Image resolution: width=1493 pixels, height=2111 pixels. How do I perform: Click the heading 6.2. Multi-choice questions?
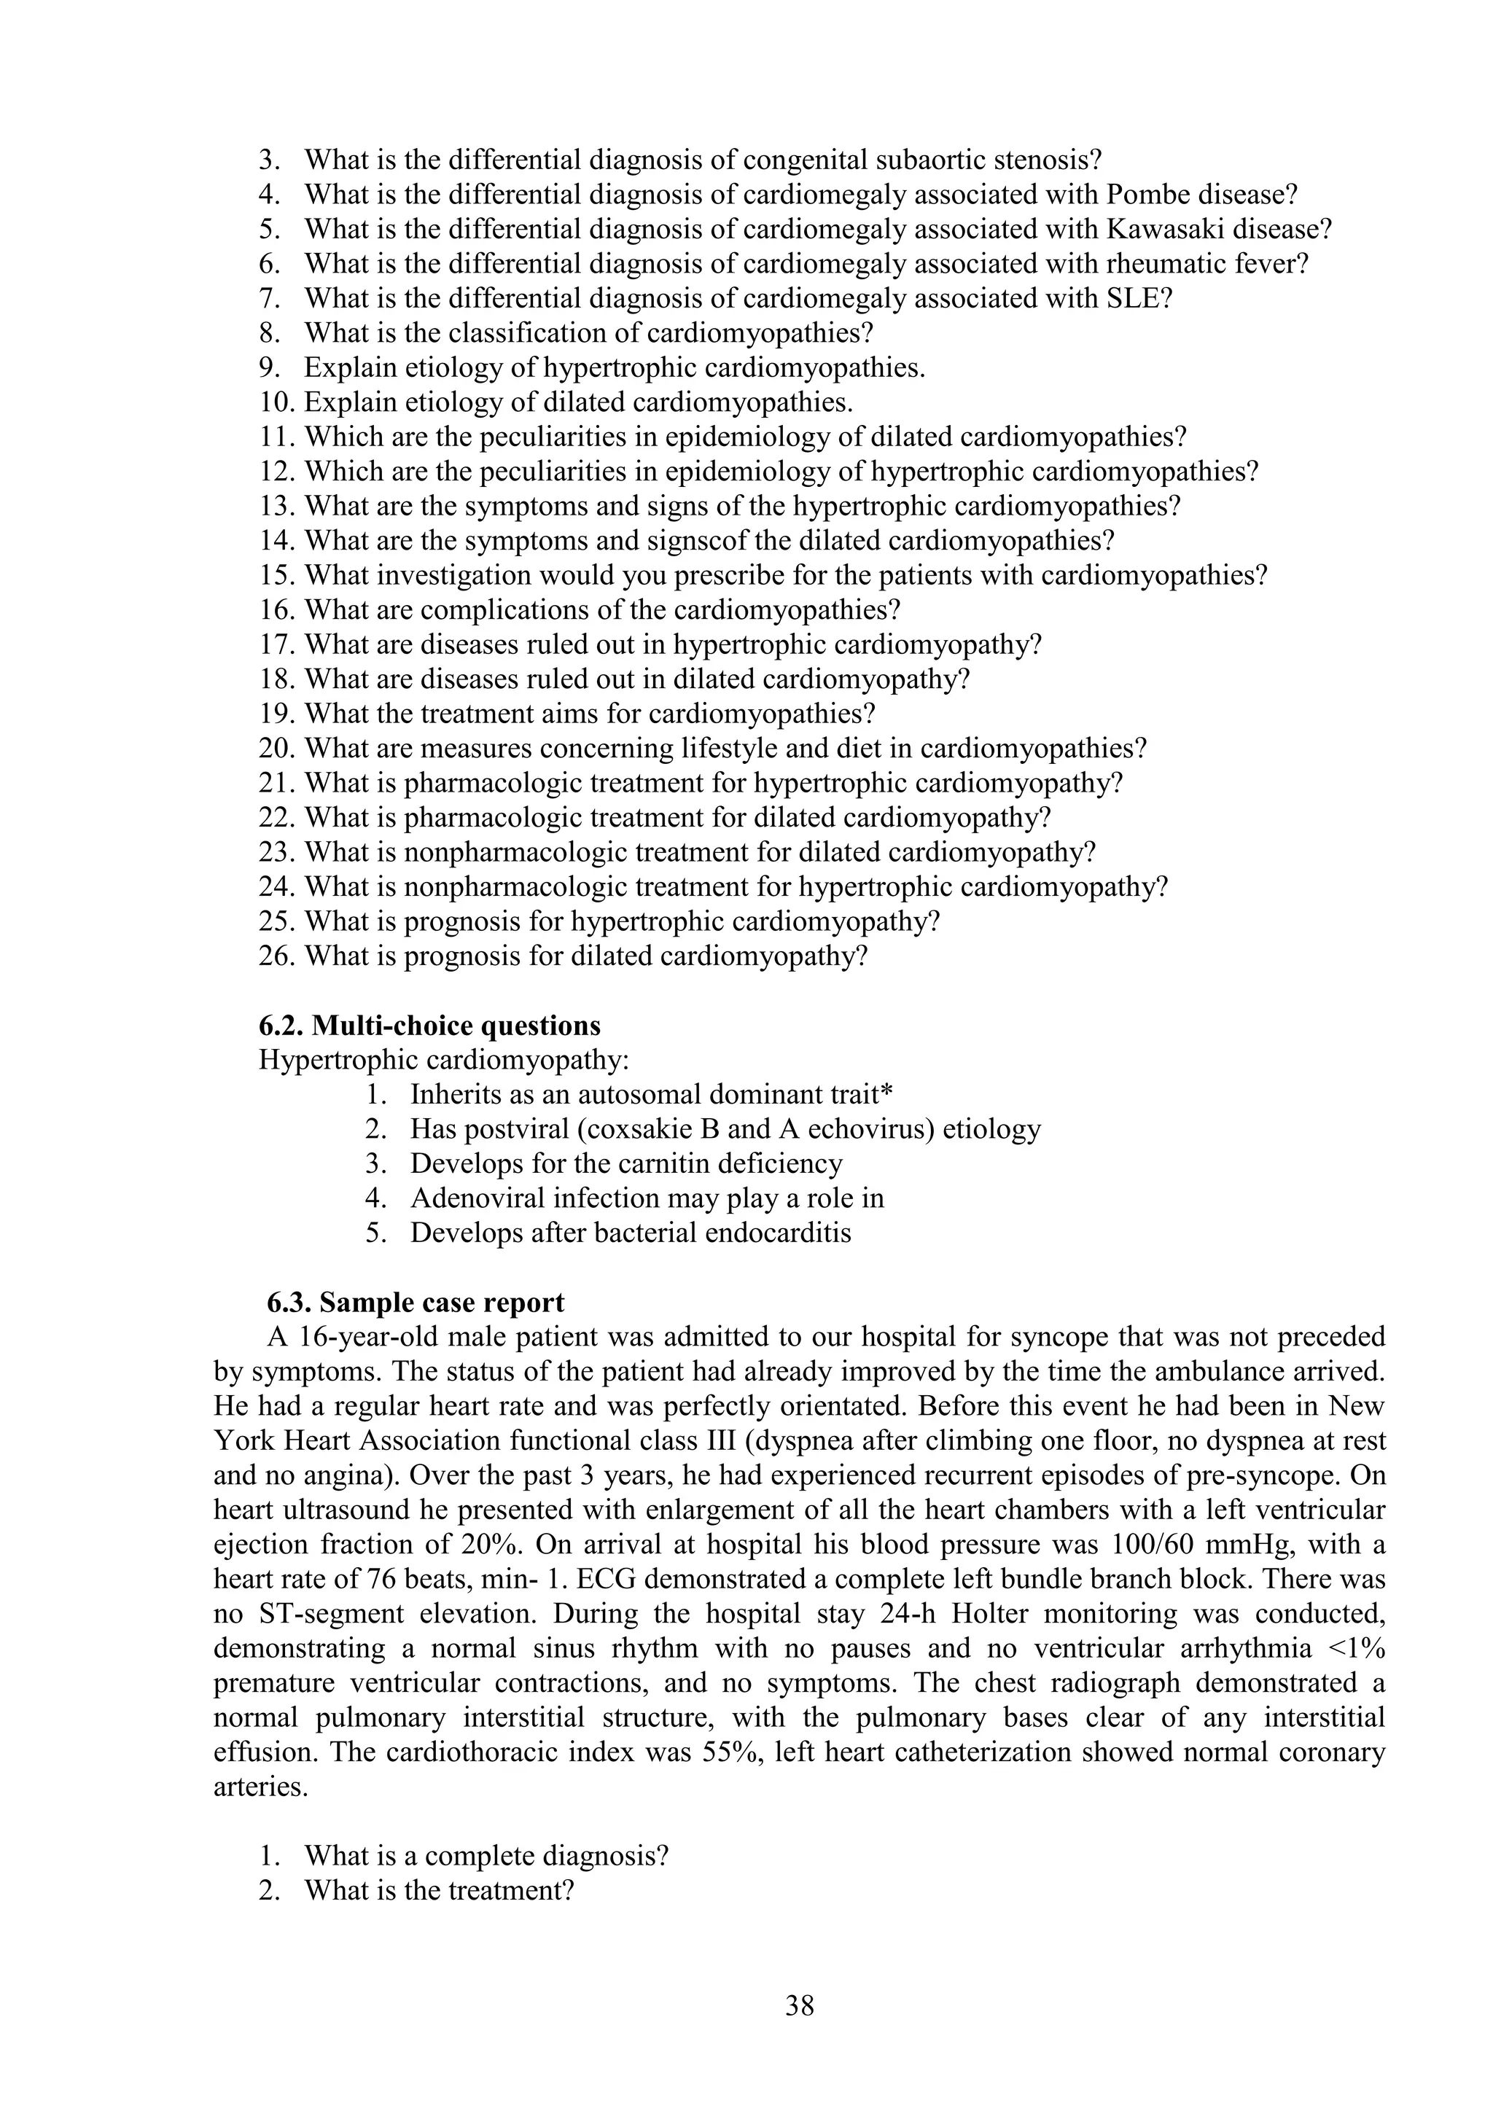pos(429,1025)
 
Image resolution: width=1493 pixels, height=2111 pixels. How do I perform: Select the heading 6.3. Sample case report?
pos(416,1303)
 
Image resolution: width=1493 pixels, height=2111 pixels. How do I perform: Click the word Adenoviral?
pos(478,1199)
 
